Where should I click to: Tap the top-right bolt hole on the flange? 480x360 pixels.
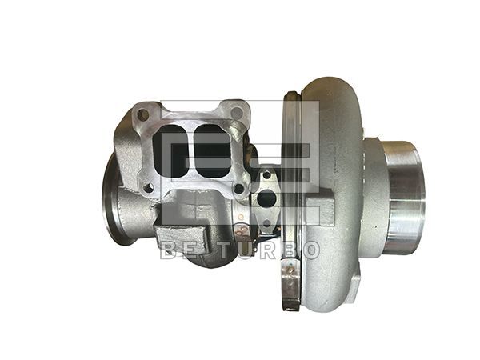pyautogui.click(x=234, y=112)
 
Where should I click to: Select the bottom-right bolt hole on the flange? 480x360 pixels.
pyautogui.click(x=238, y=189)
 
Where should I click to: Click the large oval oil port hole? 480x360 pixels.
pyautogui.click(x=267, y=197)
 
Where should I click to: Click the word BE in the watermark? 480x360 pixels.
pyautogui.click(x=178, y=250)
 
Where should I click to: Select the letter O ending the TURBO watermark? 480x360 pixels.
pyautogui.click(x=309, y=250)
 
